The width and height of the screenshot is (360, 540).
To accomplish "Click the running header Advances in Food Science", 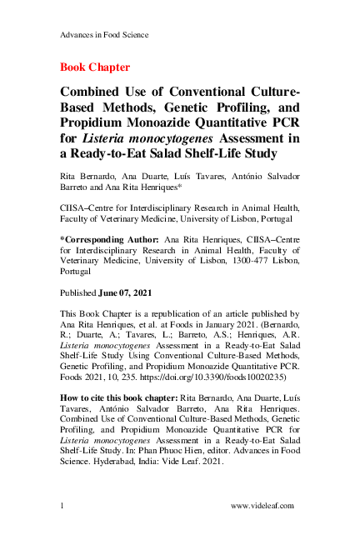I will click(x=105, y=34).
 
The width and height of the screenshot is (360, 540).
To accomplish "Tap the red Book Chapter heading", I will click(x=94, y=66).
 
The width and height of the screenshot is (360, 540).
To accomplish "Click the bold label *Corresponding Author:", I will click(x=111, y=238).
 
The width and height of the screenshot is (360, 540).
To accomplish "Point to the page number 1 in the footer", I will click(x=63, y=505).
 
